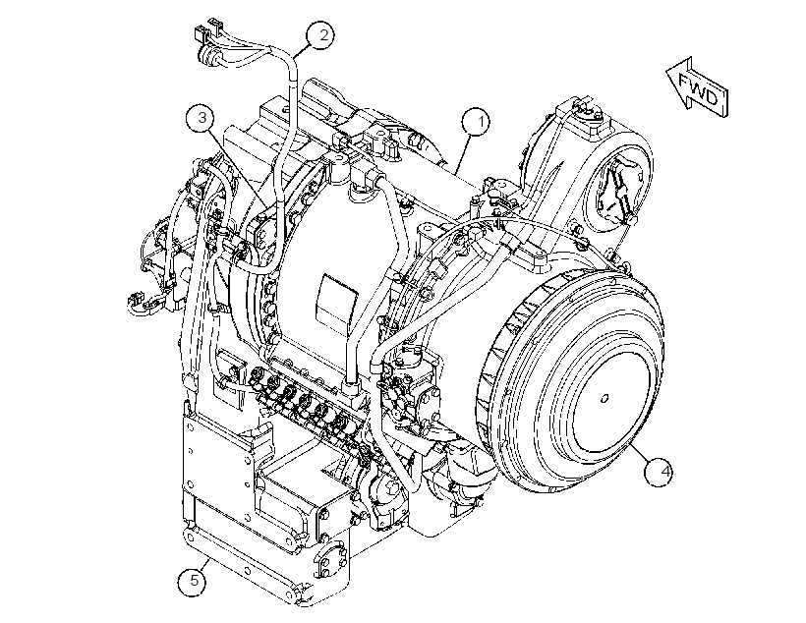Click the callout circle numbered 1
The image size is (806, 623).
tap(476, 122)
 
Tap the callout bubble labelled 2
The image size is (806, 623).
tap(320, 35)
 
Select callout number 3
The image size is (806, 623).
tap(202, 118)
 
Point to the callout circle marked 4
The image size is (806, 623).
tap(660, 471)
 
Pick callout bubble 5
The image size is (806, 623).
tap(194, 582)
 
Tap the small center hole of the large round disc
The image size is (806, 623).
tap(605, 398)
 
